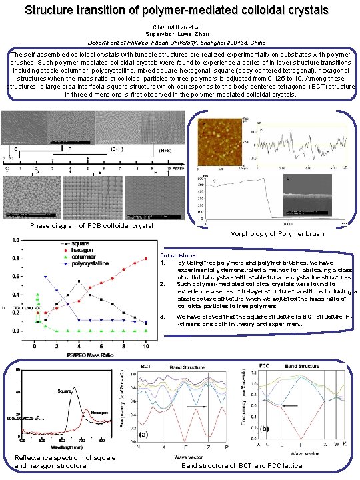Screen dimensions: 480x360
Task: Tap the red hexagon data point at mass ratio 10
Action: click(145, 258)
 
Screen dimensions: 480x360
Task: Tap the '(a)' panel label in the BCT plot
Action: click(143, 434)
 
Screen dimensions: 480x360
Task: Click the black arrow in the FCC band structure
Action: click(289, 405)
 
